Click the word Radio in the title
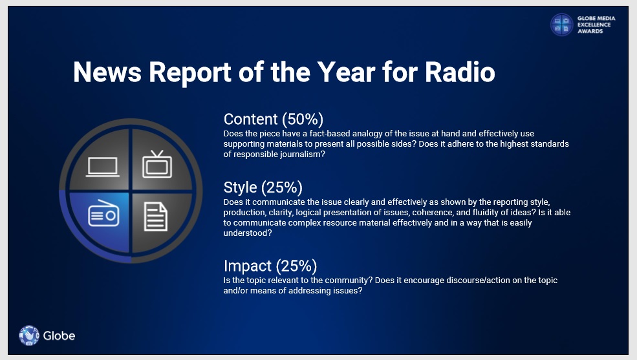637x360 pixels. click(460, 72)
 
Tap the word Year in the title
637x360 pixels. click(346, 72)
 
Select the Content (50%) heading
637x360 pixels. click(274, 120)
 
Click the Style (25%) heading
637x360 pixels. click(263, 187)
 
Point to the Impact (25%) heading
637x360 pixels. click(270, 266)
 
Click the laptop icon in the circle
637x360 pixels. click(103, 167)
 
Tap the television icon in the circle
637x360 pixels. click(157, 164)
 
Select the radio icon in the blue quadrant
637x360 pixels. click(103, 213)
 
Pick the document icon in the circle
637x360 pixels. click(156, 217)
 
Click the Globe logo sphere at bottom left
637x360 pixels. click(29, 335)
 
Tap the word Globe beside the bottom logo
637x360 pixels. click(59, 335)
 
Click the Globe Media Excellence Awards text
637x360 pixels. click(596, 25)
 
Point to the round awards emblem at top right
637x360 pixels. click(562, 25)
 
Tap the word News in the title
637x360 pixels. click(107, 72)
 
